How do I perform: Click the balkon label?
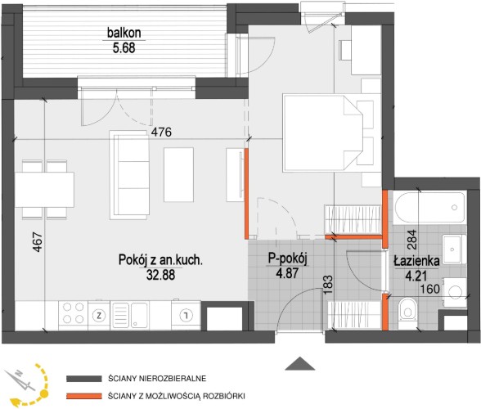[x=124, y=33]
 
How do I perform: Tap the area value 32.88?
[x=160, y=275]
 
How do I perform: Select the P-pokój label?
[x=288, y=258]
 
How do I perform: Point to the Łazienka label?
[x=417, y=261]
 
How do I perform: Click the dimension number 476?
[x=162, y=133]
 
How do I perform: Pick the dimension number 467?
[x=38, y=242]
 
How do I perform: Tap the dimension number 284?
[x=412, y=240]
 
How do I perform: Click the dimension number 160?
[x=429, y=289]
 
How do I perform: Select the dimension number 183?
[x=328, y=285]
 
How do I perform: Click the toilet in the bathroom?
[x=407, y=309]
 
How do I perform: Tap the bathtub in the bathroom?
[x=429, y=208]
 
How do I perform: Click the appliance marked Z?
[x=99, y=315]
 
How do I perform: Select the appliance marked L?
[x=186, y=314]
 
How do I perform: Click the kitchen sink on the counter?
[x=131, y=315]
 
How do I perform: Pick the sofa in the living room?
[x=129, y=175]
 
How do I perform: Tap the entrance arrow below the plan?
[x=300, y=363]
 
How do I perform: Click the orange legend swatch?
[x=84, y=396]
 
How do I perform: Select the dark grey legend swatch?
[x=84, y=379]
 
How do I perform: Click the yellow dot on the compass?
[x=45, y=393]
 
